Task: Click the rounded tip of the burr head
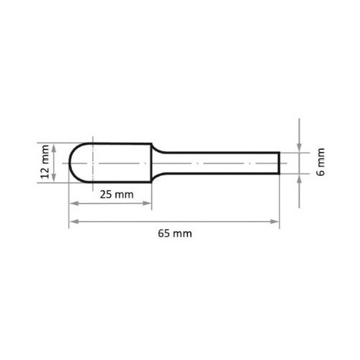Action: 71,162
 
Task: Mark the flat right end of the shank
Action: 279,162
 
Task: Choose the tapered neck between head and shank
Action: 157,162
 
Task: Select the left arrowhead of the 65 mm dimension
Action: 72,221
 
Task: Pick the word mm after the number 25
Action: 124,195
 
